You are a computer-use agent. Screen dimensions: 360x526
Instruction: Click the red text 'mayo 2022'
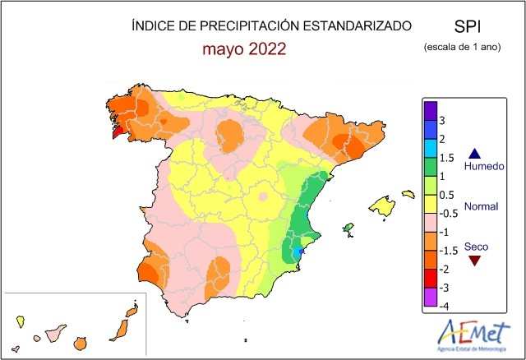click(245, 48)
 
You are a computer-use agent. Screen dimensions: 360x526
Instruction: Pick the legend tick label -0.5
click(448, 213)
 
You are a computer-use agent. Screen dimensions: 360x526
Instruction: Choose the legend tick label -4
click(445, 306)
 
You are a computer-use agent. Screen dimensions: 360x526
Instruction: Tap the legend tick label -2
click(445, 269)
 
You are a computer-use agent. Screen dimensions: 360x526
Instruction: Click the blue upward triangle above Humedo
click(473, 152)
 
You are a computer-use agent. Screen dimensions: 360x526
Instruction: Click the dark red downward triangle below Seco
click(473, 261)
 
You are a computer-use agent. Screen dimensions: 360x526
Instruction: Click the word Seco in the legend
click(476, 246)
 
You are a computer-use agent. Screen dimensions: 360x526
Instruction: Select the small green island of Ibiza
click(348, 228)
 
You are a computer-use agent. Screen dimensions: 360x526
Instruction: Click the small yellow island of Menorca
click(408, 194)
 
